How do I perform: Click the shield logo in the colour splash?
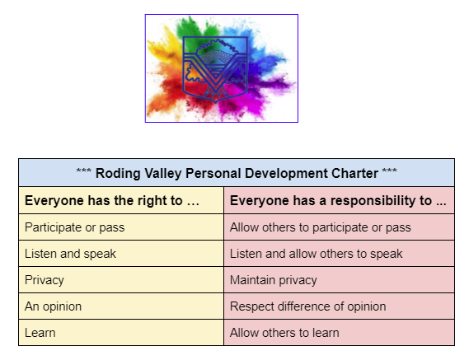click(221, 68)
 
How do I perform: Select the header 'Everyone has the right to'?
click(112, 200)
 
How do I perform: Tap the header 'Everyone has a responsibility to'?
click(338, 200)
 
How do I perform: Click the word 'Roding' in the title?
click(116, 173)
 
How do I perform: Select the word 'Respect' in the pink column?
click(252, 306)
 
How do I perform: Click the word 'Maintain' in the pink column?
click(253, 280)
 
